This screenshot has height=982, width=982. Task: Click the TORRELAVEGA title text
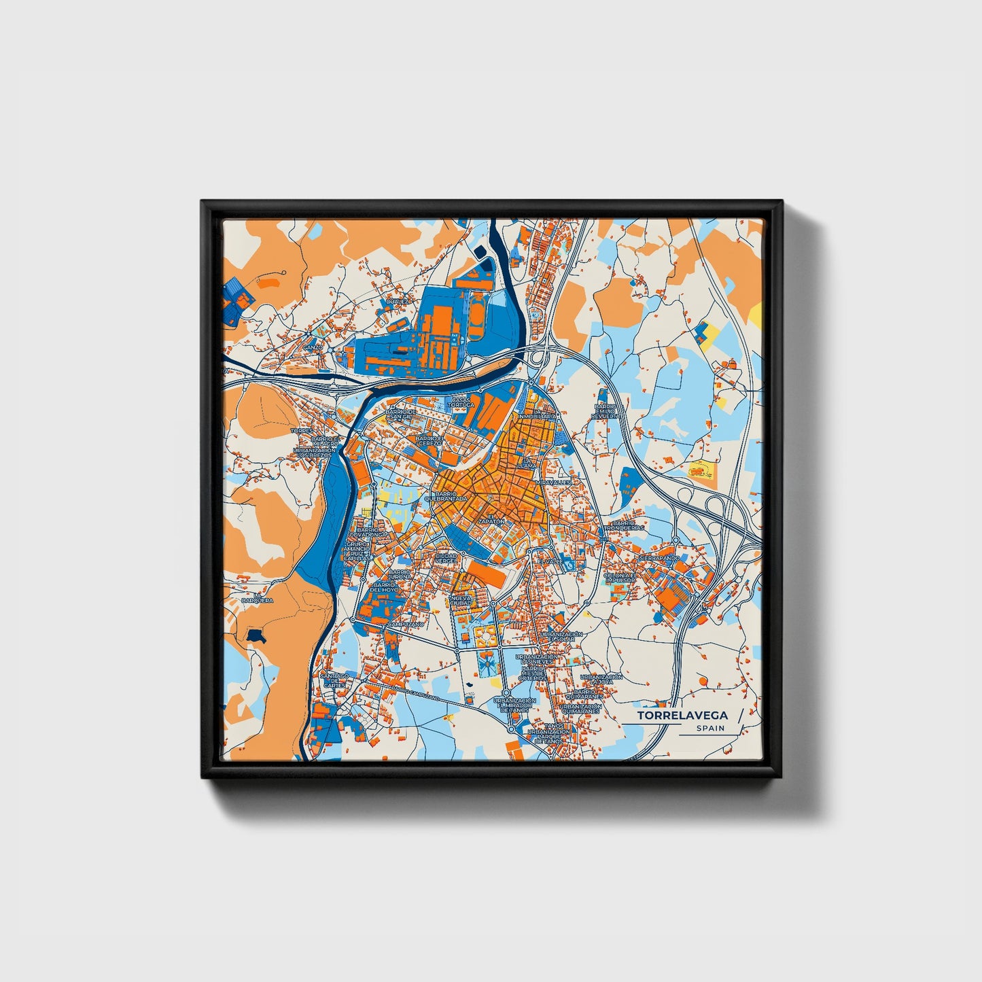pos(682,716)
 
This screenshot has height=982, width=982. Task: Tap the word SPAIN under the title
pos(710,729)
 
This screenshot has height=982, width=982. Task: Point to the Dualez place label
pos(398,301)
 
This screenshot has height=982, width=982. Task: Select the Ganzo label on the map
pos(313,347)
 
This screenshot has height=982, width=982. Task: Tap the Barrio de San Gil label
pos(400,413)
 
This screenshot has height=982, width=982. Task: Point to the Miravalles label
pos(554,483)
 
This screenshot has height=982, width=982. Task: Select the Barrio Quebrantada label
pos(446,496)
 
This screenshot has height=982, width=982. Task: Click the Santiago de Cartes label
pos(334,680)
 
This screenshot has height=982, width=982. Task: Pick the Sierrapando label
pos(659,558)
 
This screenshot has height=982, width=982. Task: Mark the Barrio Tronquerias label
pos(623,527)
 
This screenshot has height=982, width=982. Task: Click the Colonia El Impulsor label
pos(620,578)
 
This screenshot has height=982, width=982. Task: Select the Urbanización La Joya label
pos(601,679)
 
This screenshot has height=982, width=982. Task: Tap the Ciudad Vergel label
pos(446,558)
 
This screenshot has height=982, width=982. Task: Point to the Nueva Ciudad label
pos(460,600)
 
